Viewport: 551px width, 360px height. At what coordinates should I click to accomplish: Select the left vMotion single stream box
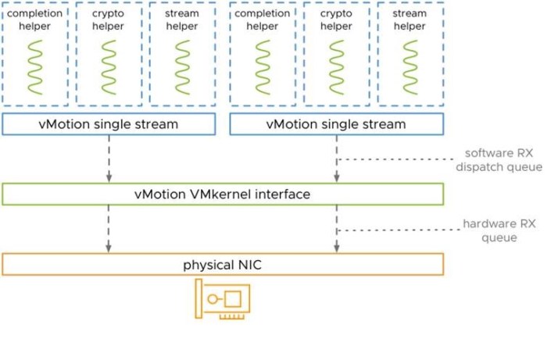[x=108, y=124]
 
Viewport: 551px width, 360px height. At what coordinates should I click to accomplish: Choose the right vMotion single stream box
[x=336, y=124]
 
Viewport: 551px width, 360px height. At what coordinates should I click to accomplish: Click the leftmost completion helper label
[x=35, y=20]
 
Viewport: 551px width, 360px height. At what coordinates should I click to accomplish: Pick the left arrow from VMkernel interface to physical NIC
[x=108, y=229]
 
